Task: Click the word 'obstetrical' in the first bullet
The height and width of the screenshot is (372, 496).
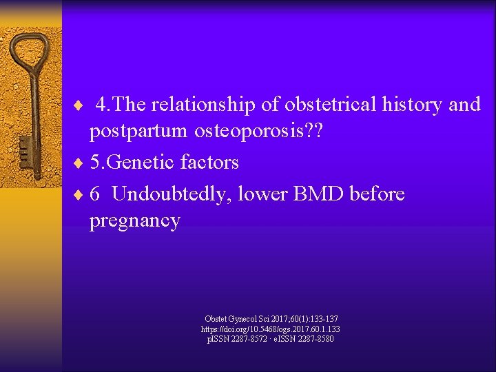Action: (x=316, y=104)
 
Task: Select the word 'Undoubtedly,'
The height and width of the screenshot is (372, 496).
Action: (x=172, y=194)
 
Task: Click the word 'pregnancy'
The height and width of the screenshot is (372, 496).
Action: (x=134, y=221)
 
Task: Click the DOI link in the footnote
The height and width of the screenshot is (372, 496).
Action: (x=269, y=329)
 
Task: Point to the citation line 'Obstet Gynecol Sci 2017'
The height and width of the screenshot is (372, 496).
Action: (x=271, y=319)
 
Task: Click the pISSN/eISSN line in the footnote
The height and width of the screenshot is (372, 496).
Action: (x=269, y=339)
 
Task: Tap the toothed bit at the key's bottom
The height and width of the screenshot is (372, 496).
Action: (x=26, y=148)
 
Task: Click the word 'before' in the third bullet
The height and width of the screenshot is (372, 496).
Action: (x=377, y=194)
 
